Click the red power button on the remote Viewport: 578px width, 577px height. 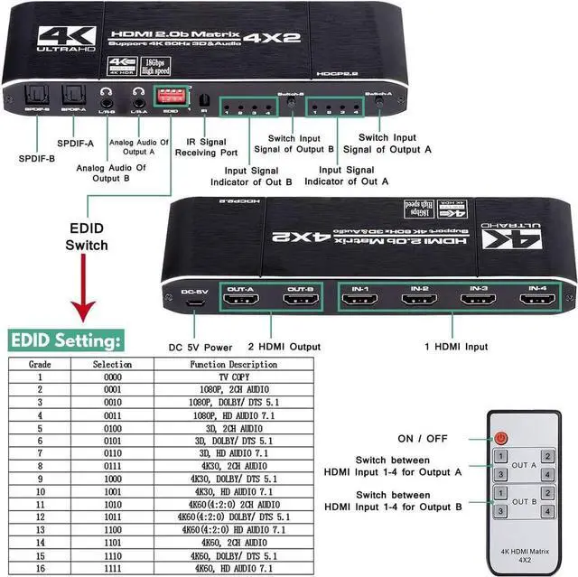pyautogui.click(x=502, y=438)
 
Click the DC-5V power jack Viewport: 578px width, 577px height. pyautogui.click(x=194, y=304)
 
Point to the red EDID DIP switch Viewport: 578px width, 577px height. pyautogui.click(x=169, y=95)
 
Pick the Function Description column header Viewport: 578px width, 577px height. pyautogui.click(x=234, y=364)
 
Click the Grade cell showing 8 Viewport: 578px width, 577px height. pyautogui.click(x=40, y=465)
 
